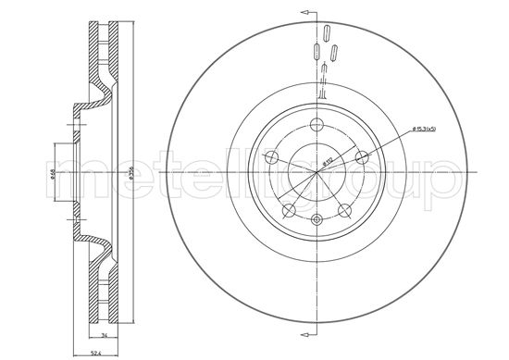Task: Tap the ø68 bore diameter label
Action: coord(52,172)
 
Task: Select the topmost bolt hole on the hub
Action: coord(317,126)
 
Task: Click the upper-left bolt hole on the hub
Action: coord(275,156)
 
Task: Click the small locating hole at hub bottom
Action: coord(317,219)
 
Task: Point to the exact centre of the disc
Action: coord(316,172)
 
